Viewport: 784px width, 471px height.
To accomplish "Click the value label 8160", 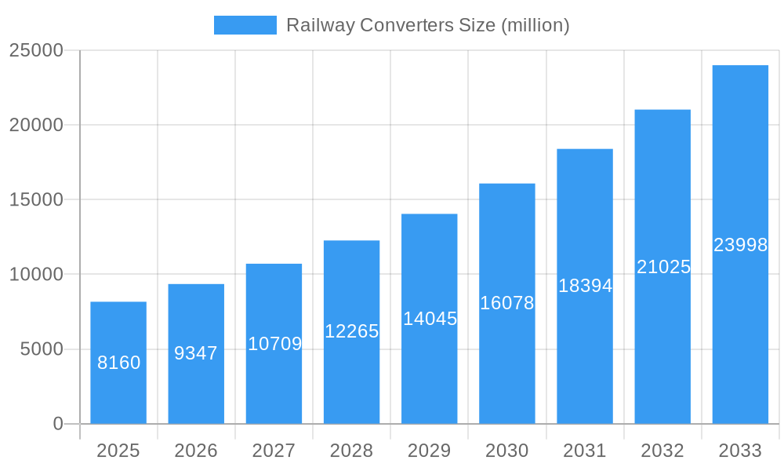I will [x=118, y=363].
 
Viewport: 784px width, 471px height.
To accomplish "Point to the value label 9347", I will [x=196, y=353].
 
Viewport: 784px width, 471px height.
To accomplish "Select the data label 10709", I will [x=274, y=344].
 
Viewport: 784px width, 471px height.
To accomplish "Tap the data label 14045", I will [x=430, y=319].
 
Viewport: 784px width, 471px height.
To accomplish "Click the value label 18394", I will [x=585, y=286].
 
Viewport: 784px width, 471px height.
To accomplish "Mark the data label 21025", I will [x=663, y=267].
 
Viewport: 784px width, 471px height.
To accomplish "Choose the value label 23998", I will [x=740, y=245].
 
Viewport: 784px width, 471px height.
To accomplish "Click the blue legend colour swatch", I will [x=245, y=25].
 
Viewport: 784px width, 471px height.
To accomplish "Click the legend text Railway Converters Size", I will [x=427, y=25].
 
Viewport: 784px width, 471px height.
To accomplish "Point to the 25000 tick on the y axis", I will [x=36, y=50].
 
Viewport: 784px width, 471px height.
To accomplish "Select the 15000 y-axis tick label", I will [x=36, y=199].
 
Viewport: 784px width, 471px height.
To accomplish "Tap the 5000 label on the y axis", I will [x=42, y=349].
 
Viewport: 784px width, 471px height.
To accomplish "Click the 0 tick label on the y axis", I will [x=58, y=424].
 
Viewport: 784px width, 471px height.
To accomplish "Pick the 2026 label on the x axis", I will [x=196, y=451].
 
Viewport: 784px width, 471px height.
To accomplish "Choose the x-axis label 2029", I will [x=430, y=451].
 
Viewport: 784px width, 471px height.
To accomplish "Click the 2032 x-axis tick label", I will [x=662, y=451].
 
